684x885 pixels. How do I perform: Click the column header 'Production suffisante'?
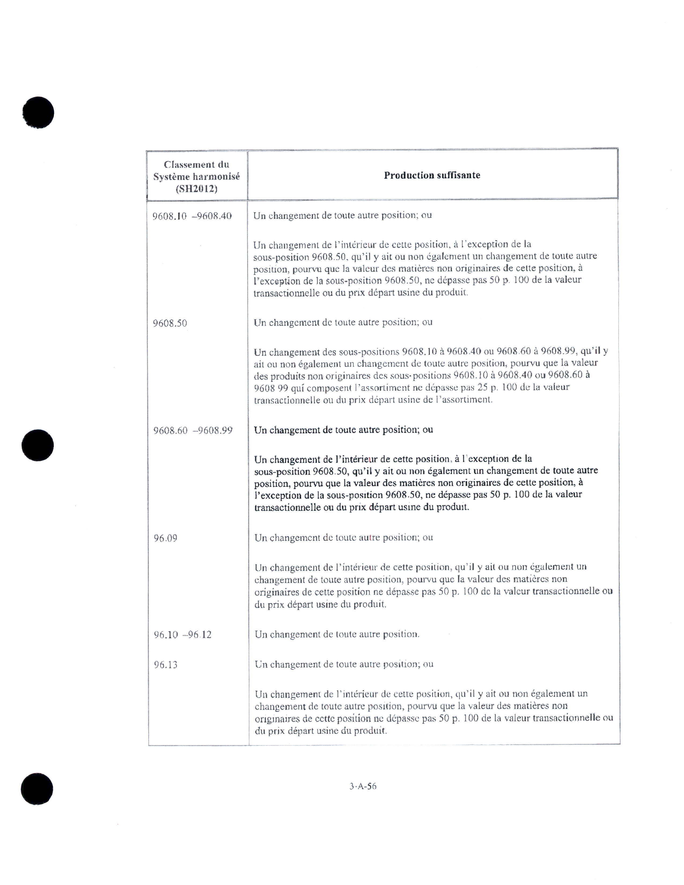(432, 175)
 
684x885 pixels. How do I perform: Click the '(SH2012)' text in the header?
(197, 189)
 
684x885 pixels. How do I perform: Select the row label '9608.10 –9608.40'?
(192, 216)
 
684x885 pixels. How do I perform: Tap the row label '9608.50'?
(170, 323)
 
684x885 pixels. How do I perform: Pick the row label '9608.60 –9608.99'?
(193, 430)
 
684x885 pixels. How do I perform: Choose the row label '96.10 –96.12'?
(182, 635)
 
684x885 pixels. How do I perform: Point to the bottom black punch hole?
(37, 788)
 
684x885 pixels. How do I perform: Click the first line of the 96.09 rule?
(344, 538)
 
